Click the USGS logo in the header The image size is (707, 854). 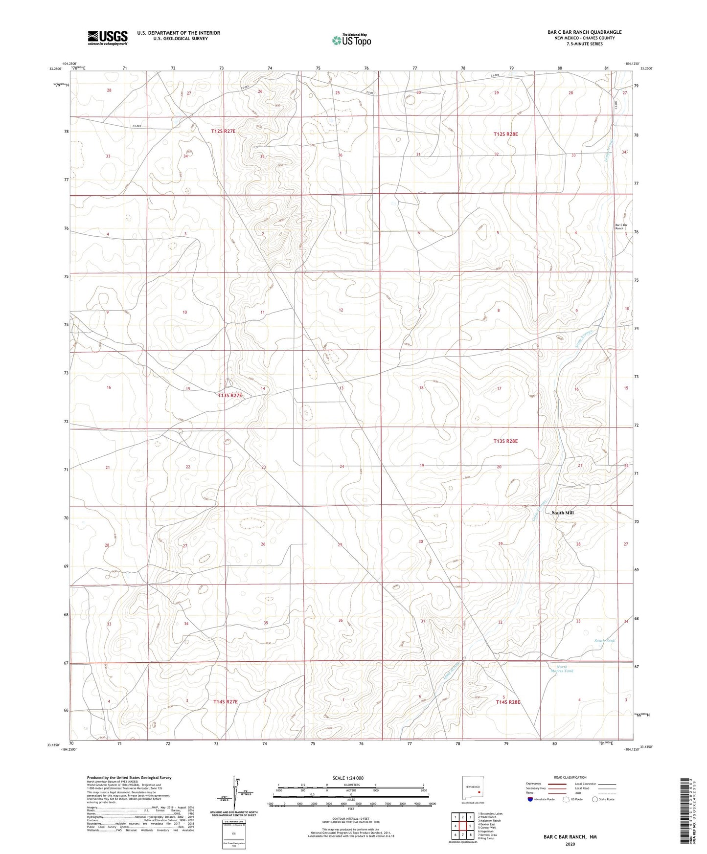[x=108, y=37]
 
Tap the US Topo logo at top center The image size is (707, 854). [x=351, y=40]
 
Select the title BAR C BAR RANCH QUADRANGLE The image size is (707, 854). [x=584, y=32]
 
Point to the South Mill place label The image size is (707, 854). [x=563, y=513]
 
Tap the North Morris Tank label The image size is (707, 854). [x=565, y=669]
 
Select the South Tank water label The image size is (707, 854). [x=605, y=641]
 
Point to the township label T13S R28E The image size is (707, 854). [x=505, y=441]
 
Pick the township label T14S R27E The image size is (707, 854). [x=226, y=701]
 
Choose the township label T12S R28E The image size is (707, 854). [x=505, y=134]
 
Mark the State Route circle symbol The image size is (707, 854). [x=595, y=799]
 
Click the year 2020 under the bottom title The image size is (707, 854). [x=570, y=844]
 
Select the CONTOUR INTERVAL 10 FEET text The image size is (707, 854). [x=350, y=818]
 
